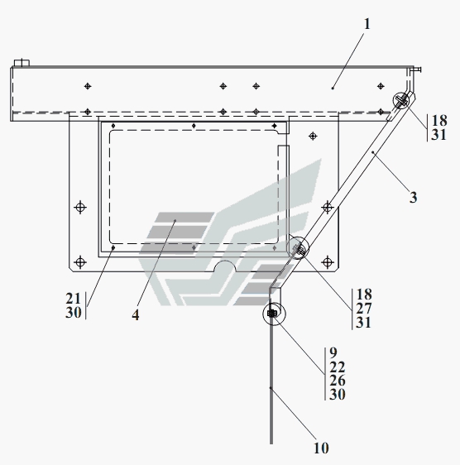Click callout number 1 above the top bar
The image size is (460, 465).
(x=367, y=24)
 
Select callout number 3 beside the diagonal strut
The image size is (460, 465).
(x=413, y=198)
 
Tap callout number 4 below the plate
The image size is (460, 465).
(x=136, y=315)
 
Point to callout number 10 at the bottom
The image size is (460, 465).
(x=322, y=448)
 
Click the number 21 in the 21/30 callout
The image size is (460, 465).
(x=74, y=299)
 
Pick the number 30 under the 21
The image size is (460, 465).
(x=74, y=313)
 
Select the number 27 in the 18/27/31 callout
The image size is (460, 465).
(x=364, y=309)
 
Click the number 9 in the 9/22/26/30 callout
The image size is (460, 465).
(x=333, y=353)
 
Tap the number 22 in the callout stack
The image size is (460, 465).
(x=338, y=367)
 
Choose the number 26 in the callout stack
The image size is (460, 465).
(x=338, y=381)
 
